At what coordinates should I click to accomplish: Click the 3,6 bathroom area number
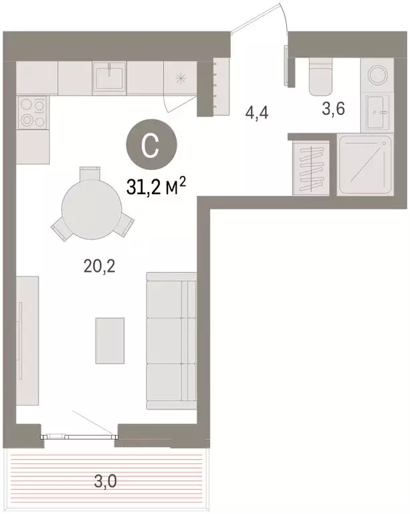(332, 110)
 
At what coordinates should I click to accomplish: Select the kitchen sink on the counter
(109, 78)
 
